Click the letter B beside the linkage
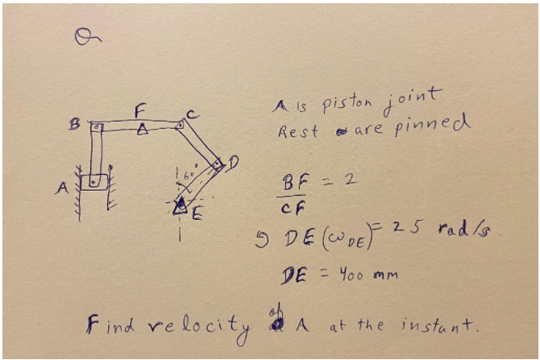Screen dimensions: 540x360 click(x=74, y=126)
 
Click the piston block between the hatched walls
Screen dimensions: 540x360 click(x=95, y=181)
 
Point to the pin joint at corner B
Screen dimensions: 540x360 click(x=95, y=127)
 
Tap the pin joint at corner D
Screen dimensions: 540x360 click(x=217, y=163)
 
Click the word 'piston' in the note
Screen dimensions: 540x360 click(x=347, y=105)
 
